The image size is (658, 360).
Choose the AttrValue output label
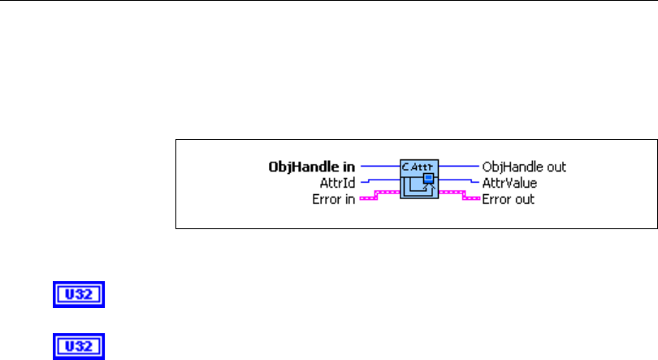509,183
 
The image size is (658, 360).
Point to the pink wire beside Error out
459,196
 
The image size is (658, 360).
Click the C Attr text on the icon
419,167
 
